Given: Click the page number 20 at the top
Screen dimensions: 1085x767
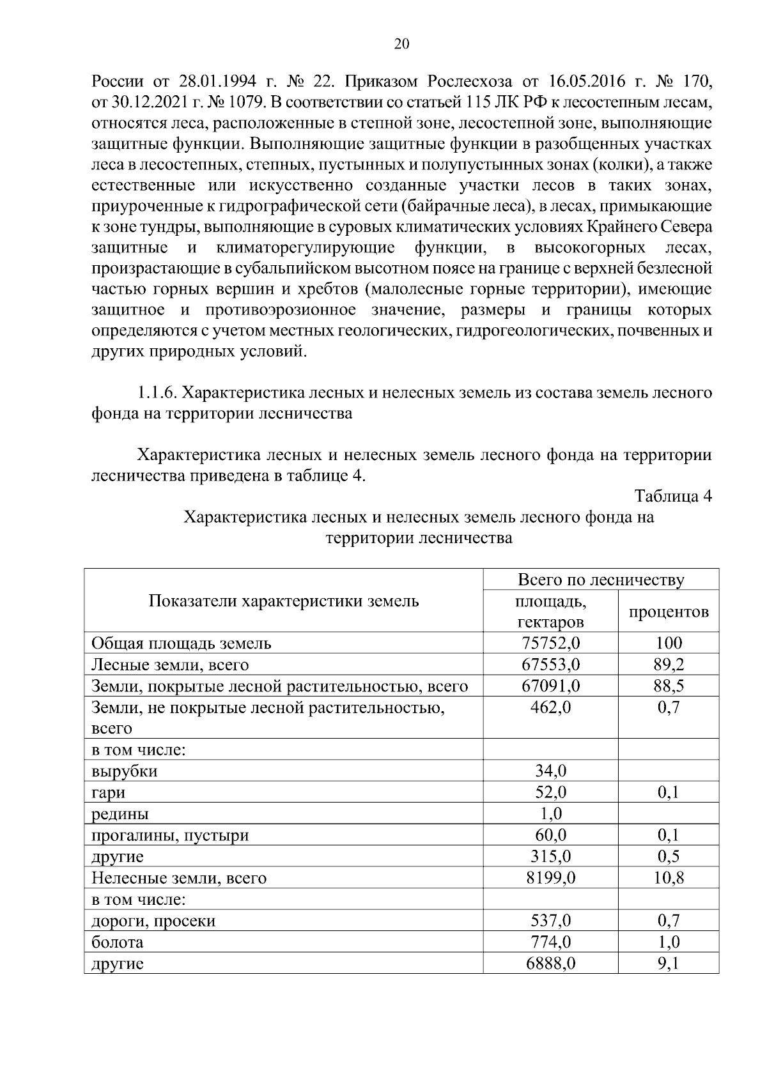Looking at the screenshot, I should click(401, 44).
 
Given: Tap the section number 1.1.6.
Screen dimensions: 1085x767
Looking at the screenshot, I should click(157, 392).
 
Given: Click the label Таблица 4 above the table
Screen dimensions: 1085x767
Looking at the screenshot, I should click(672, 496).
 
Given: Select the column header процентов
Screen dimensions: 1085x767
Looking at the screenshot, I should click(669, 612).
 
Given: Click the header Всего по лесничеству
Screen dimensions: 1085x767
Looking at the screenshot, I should click(601, 580).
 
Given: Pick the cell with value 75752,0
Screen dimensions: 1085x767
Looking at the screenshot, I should click(550, 643).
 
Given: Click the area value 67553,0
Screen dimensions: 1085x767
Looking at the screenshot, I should click(550, 665).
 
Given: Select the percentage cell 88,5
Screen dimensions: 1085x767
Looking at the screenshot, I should click(669, 686).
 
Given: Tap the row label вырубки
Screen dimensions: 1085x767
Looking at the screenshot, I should click(125, 771).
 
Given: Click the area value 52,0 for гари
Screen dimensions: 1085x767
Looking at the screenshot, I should click(550, 792).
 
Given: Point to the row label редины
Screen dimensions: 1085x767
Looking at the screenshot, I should click(120, 814).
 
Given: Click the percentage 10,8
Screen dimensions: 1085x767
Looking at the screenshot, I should click(669, 878).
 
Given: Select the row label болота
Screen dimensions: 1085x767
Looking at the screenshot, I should click(118, 942).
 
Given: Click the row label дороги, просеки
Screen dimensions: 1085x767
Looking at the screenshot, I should click(153, 921).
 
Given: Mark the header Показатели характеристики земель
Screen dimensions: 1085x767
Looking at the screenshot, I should click(284, 601).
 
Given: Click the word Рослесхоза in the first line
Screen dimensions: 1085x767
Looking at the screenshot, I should click(470, 82).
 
